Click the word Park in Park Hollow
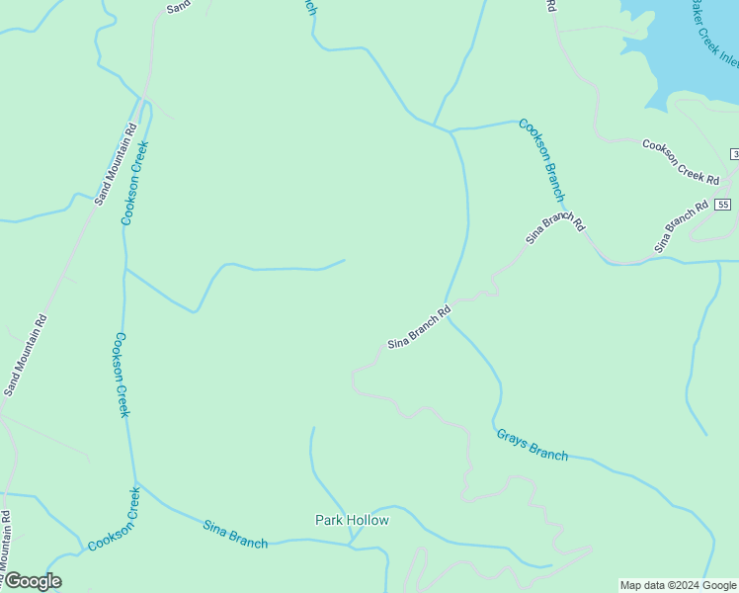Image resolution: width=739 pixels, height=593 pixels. pos(329,520)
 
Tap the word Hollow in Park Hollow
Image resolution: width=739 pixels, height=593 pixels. pos(367,520)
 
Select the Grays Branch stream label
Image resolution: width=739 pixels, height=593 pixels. pos(532,445)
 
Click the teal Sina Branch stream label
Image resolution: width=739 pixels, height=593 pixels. pos(235,534)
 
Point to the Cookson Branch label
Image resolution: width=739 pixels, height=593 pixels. pos(541,161)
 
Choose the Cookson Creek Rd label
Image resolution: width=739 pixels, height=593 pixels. pos(681,160)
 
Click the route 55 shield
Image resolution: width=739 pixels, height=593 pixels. pos(724,205)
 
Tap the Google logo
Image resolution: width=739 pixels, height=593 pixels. pos(32,581)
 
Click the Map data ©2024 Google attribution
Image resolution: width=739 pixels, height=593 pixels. pos(678,585)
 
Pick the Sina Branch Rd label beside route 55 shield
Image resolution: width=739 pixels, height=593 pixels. pos(682,226)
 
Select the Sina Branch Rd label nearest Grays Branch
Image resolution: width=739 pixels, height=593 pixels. pos(419,328)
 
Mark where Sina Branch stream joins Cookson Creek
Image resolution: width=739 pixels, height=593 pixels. pos(136,483)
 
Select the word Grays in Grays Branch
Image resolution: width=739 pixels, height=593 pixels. pos(512,438)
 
